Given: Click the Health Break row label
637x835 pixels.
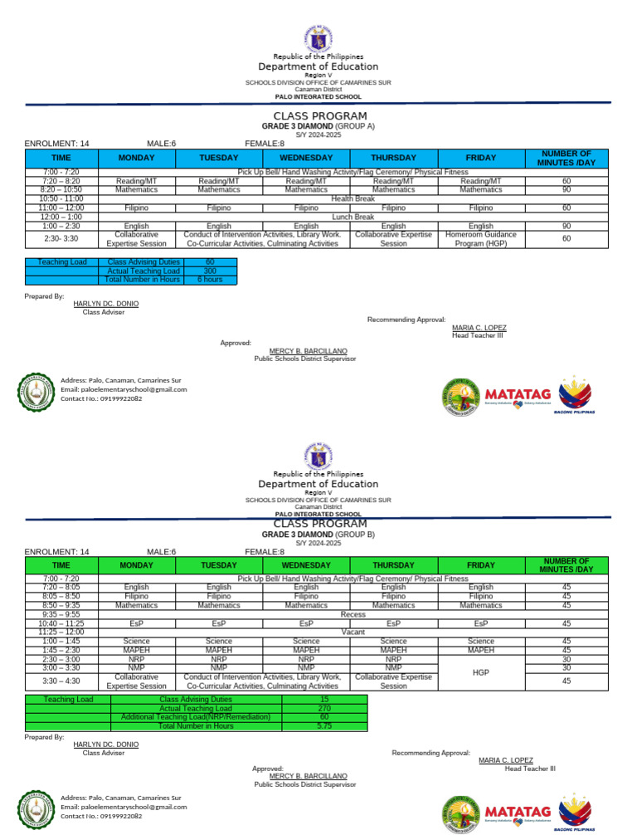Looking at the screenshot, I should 353,199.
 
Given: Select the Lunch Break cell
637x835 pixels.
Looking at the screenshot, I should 353,217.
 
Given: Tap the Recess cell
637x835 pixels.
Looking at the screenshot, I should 353,614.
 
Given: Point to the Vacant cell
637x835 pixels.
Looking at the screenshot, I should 353,632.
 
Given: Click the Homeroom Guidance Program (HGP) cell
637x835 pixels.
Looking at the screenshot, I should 481,239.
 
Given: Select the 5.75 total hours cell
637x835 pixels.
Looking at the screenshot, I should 324,726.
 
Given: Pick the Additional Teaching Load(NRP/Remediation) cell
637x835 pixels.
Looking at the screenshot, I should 196,717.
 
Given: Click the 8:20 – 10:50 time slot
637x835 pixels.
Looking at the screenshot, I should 61,190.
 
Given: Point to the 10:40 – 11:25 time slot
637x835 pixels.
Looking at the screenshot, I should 61,623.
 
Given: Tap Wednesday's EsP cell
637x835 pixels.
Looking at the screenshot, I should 306,623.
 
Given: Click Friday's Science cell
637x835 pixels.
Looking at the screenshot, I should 481,641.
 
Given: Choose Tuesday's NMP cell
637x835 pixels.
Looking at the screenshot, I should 219,667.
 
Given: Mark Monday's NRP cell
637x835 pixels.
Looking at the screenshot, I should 136,659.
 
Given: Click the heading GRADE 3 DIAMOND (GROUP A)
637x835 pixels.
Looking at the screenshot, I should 318,126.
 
